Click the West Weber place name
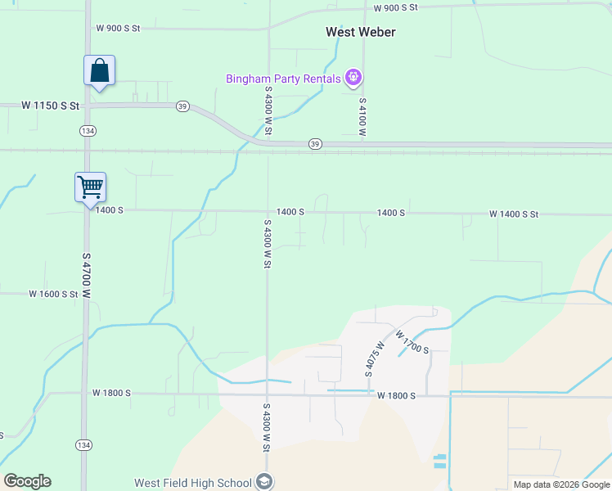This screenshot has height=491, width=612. (x=361, y=32)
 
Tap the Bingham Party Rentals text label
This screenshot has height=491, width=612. (x=284, y=79)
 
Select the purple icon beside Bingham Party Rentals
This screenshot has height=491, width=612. (x=353, y=78)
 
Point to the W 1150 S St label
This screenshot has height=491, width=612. (x=51, y=106)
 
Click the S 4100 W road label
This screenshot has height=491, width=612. (x=362, y=115)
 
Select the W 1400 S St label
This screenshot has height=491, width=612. (x=514, y=214)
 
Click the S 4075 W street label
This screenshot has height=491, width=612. (x=368, y=358)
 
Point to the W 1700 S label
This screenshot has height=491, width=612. (x=412, y=342)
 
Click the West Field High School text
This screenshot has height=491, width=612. (x=194, y=482)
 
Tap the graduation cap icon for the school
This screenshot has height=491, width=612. (x=264, y=482)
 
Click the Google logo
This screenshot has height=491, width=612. (x=27, y=481)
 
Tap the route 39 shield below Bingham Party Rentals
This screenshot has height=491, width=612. (x=316, y=144)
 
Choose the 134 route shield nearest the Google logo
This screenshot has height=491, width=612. (x=83, y=444)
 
